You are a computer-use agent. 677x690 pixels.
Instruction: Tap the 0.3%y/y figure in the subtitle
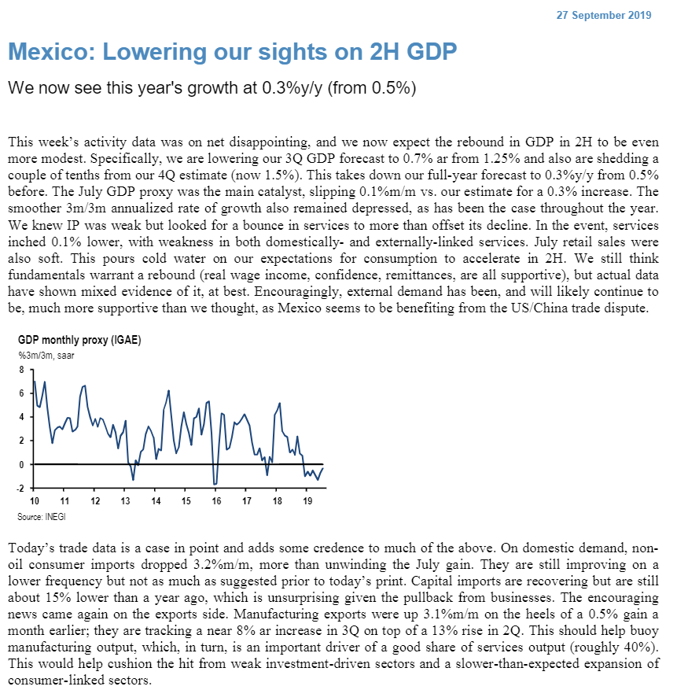pos(273,88)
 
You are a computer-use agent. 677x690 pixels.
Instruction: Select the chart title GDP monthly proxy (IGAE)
pos(79,341)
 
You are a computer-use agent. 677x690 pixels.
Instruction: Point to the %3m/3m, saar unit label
pos(46,356)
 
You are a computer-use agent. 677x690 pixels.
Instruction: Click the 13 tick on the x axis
pos(125,501)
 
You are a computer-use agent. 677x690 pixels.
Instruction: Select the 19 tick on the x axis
pos(307,501)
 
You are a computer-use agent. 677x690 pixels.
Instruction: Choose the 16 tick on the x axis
pos(216,501)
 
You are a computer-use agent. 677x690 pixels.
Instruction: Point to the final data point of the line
pos(323,468)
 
